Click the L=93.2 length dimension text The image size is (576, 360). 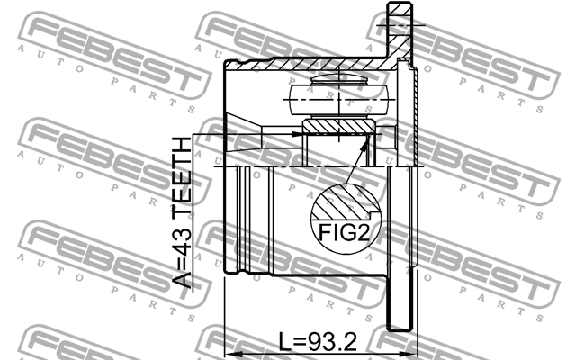pyautogui.click(x=316, y=342)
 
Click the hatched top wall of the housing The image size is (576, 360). pyautogui.click(x=306, y=65)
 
